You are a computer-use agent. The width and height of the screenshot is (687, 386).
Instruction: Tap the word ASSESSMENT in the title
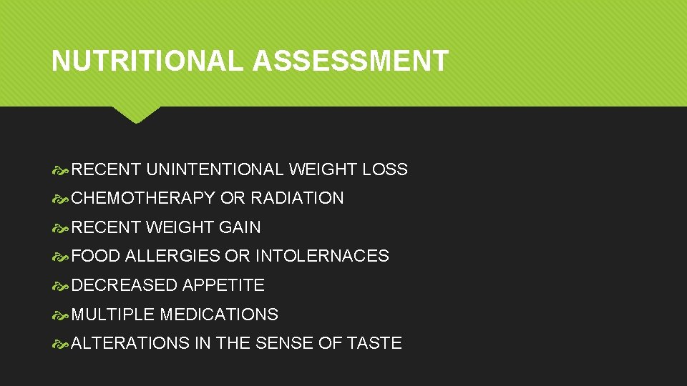point(350,61)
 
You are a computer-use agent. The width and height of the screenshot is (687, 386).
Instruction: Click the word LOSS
point(385,169)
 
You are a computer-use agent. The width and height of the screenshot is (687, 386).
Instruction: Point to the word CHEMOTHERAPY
point(143,198)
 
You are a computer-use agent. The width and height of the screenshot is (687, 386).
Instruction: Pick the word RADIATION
point(297,198)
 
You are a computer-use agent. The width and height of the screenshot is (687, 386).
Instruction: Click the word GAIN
point(240,227)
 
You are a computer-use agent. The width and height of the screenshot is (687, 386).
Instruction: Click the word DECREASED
point(125,285)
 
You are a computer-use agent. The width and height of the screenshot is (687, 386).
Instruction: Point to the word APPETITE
point(223,285)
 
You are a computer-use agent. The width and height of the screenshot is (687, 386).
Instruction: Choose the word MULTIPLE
point(113,315)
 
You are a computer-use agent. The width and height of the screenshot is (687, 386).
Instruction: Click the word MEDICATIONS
point(219,315)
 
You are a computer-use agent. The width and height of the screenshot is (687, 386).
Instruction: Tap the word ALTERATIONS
point(130,343)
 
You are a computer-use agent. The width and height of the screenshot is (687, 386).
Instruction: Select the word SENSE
point(284,343)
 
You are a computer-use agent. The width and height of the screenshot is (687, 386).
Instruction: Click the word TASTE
point(374,343)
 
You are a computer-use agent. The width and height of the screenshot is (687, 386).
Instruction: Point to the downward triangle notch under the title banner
point(136,114)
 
